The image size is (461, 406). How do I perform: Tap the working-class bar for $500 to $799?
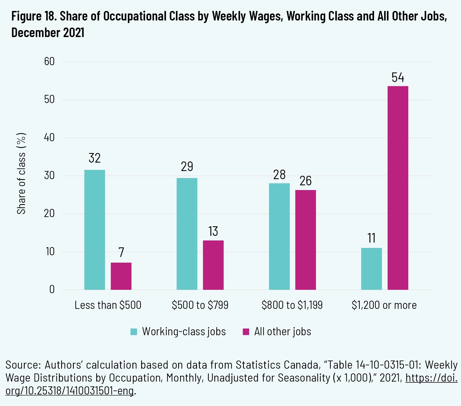click(187, 234)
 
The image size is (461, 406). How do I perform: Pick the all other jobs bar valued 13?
click(213, 265)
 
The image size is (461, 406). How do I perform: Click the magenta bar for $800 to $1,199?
click(306, 240)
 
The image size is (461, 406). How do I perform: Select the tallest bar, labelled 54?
click(398, 188)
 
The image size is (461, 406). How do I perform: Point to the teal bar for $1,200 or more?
click(371, 269)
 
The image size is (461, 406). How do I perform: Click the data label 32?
click(95, 158)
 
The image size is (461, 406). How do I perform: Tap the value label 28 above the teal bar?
click(279, 175)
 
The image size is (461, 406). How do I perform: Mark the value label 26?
click(306, 181)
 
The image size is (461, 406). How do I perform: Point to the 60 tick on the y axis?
click(49, 61)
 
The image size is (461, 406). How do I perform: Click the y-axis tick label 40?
click(49, 138)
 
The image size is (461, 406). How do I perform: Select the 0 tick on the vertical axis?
click(52, 289)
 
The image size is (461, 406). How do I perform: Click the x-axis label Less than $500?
click(108, 305)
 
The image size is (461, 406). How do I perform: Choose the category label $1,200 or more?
click(384, 305)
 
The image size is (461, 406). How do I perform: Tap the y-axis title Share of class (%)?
click(21, 174)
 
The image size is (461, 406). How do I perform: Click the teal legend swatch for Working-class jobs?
click(134, 332)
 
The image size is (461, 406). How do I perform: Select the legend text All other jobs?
click(283, 332)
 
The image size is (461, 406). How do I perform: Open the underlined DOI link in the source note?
click(431, 378)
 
